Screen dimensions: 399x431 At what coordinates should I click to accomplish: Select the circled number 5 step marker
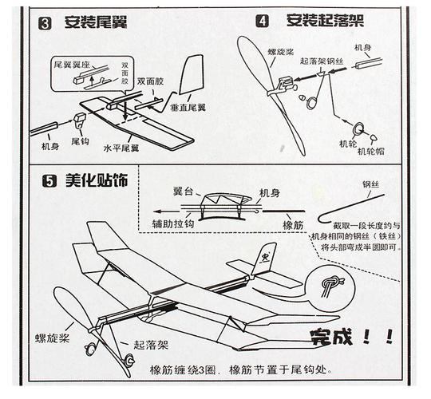pyautogui.click(x=48, y=180)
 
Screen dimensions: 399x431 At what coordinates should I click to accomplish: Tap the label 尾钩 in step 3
pyautogui.click(x=80, y=140)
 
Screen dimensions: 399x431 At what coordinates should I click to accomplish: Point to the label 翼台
pyautogui.click(x=181, y=193)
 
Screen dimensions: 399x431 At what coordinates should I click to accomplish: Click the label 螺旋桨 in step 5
pyautogui.click(x=49, y=338)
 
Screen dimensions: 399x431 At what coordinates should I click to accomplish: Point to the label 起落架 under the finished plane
pyautogui.click(x=150, y=346)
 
